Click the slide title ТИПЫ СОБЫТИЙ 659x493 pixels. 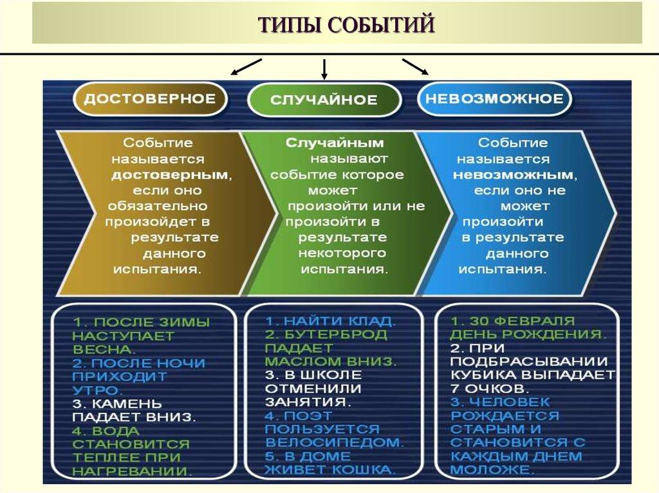click(x=347, y=25)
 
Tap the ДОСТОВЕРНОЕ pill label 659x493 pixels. click(x=150, y=99)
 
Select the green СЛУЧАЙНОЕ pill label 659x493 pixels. click(x=324, y=100)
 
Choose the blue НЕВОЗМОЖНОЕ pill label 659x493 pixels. click(x=494, y=99)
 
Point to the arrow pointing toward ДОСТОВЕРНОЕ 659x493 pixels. click(x=246, y=66)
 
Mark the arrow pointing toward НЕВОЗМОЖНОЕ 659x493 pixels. click(x=415, y=66)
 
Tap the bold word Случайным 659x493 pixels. click(x=335, y=143)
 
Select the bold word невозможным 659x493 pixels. click(x=512, y=174)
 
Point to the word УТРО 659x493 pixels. click(x=97, y=390)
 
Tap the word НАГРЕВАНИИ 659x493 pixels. click(x=133, y=471)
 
